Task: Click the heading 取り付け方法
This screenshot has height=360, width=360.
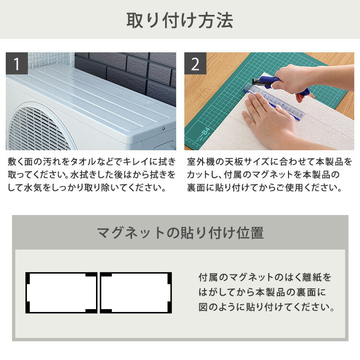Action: tap(180, 21)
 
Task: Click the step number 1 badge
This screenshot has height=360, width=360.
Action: tap(17, 64)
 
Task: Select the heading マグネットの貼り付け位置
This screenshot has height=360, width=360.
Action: tap(180, 233)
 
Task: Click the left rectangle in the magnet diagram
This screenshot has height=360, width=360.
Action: tap(61, 293)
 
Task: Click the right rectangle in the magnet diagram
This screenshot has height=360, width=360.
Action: tap(136, 293)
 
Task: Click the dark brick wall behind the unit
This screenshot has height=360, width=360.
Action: tap(130, 72)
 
